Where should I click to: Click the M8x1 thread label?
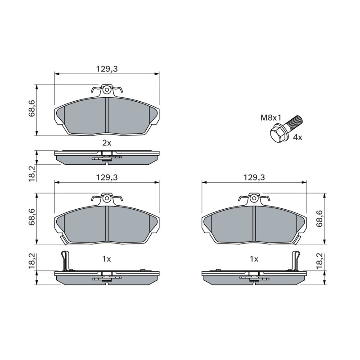[x=271, y=118]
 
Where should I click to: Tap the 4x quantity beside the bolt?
[x=298, y=138]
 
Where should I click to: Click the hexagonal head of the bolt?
[x=276, y=134]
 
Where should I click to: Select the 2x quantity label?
[x=107, y=143]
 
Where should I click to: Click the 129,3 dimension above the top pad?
[x=107, y=69]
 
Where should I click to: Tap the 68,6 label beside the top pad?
[x=31, y=108]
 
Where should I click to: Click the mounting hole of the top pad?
[x=107, y=90]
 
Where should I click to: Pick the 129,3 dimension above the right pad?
[x=254, y=177]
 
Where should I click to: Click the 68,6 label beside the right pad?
[x=319, y=219]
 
